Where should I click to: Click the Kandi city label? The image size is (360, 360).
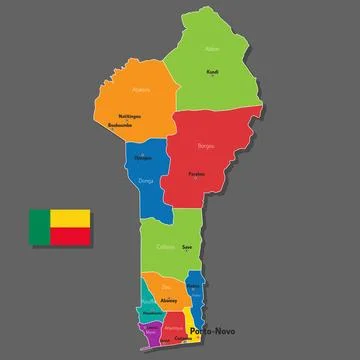pyautogui.click(x=212, y=72)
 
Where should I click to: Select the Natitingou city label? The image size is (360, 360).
pyautogui.click(x=129, y=116)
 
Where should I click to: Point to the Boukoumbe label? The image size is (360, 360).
pyautogui.click(x=121, y=126)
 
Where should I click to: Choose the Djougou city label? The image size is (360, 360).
pyautogui.click(x=144, y=158)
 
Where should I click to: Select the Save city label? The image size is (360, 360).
pyautogui.click(x=186, y=247)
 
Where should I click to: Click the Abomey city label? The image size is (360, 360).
pyautogui.click(x=170, y=300)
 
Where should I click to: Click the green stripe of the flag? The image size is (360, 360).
pyautogui.click(x=39, y=227)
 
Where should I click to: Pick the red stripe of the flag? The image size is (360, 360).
pyautogui.click(x=70, y=236)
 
